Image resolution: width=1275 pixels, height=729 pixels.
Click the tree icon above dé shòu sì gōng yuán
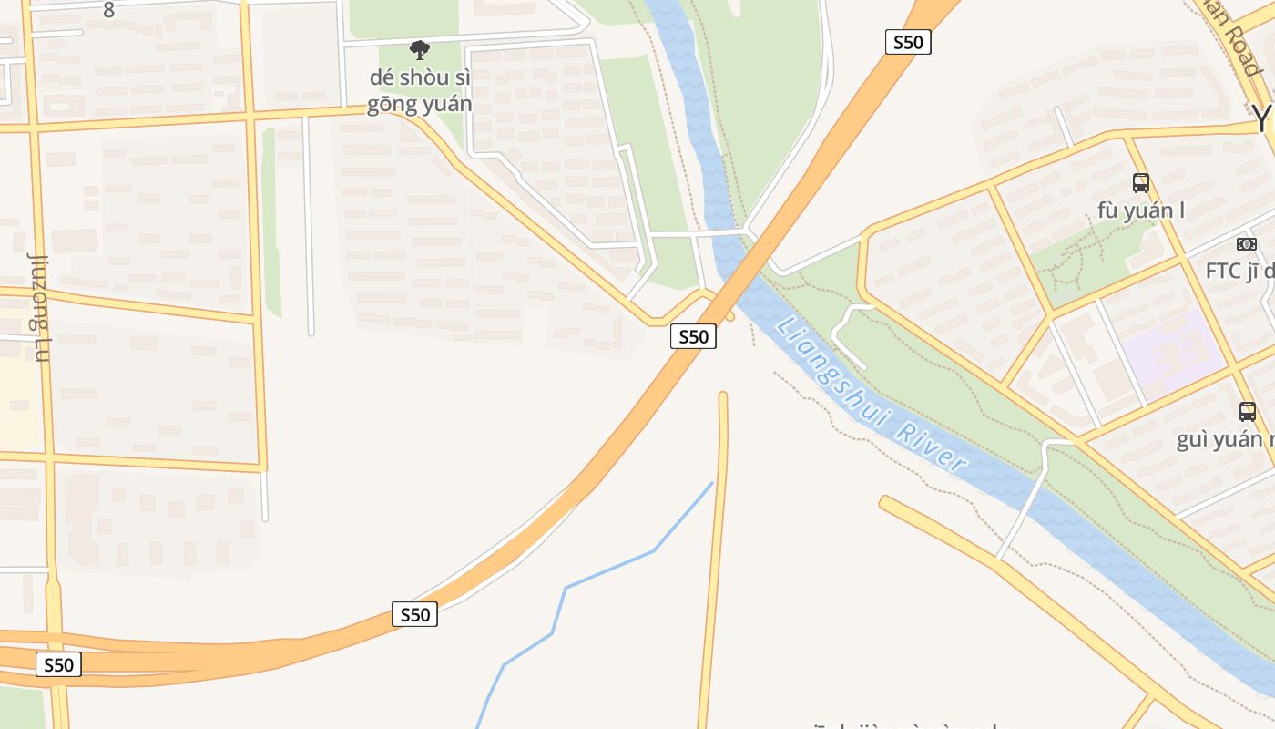tap(419, 49)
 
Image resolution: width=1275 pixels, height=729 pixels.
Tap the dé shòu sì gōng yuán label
tap(419, 91)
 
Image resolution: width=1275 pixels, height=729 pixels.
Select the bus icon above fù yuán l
tap(1140, 182)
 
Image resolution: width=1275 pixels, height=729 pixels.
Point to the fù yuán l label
tap(1141, 210)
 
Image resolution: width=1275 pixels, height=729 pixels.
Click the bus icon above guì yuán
tap(1247, 411)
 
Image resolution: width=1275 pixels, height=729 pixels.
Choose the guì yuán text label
tap(1225, 440)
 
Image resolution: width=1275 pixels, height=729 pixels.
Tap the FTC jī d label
tap(1239, 271)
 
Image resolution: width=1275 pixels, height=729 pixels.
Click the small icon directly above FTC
tap(1246, 244)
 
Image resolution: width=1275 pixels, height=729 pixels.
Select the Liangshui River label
tap(871, 394)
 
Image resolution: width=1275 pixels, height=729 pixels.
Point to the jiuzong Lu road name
tap(38, 306)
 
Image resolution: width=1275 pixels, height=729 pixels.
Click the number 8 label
tap(109, 10)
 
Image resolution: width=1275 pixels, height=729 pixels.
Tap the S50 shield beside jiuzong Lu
tap(59, 664)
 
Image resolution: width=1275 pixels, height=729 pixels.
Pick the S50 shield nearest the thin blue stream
tap(414, 614)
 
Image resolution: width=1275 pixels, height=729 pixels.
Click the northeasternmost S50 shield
tap(908, 42)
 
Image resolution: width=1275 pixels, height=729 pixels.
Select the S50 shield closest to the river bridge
tap(693, 336)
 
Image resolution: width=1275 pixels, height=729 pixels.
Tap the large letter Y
tap(1261, 118)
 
